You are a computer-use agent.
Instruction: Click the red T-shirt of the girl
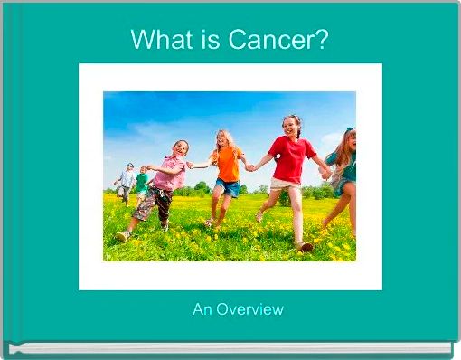coord(291,159)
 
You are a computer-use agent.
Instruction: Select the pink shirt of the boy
coord(169,173)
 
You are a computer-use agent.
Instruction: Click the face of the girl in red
coord(291,127)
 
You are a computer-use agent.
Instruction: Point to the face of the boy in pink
coord(181,147)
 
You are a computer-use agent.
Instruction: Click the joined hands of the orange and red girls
coord(249,166)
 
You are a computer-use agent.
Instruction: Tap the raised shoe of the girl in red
coord(306,245)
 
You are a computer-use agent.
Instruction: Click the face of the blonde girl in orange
coord(221,140)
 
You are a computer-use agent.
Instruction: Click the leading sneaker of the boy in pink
coord(122,236)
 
